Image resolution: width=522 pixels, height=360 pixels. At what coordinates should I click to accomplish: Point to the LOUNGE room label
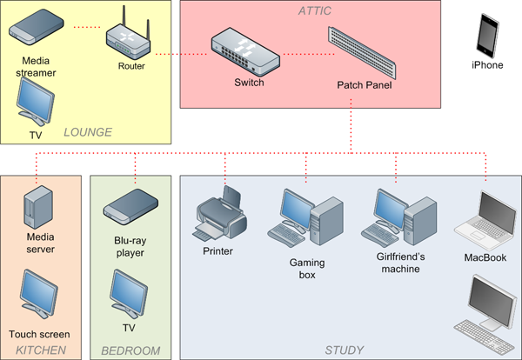88,132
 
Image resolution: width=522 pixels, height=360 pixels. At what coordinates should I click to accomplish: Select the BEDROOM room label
130,350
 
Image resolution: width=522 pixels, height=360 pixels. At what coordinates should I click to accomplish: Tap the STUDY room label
345,350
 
